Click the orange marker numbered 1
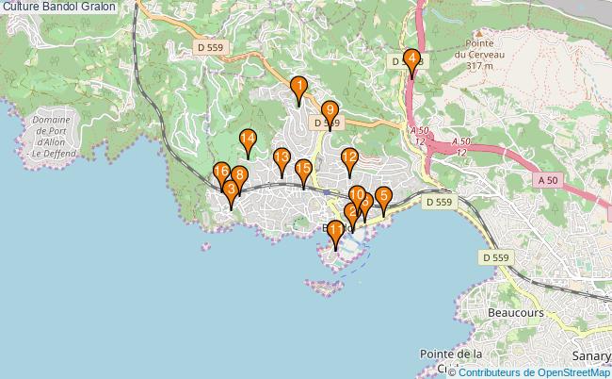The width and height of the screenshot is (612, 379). (x=298, y=90)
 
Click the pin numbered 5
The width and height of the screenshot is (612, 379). (x=383, y=198)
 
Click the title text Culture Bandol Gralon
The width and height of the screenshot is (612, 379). (x=59, y=7)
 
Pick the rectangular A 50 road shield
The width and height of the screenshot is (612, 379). (x=548, y=179)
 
